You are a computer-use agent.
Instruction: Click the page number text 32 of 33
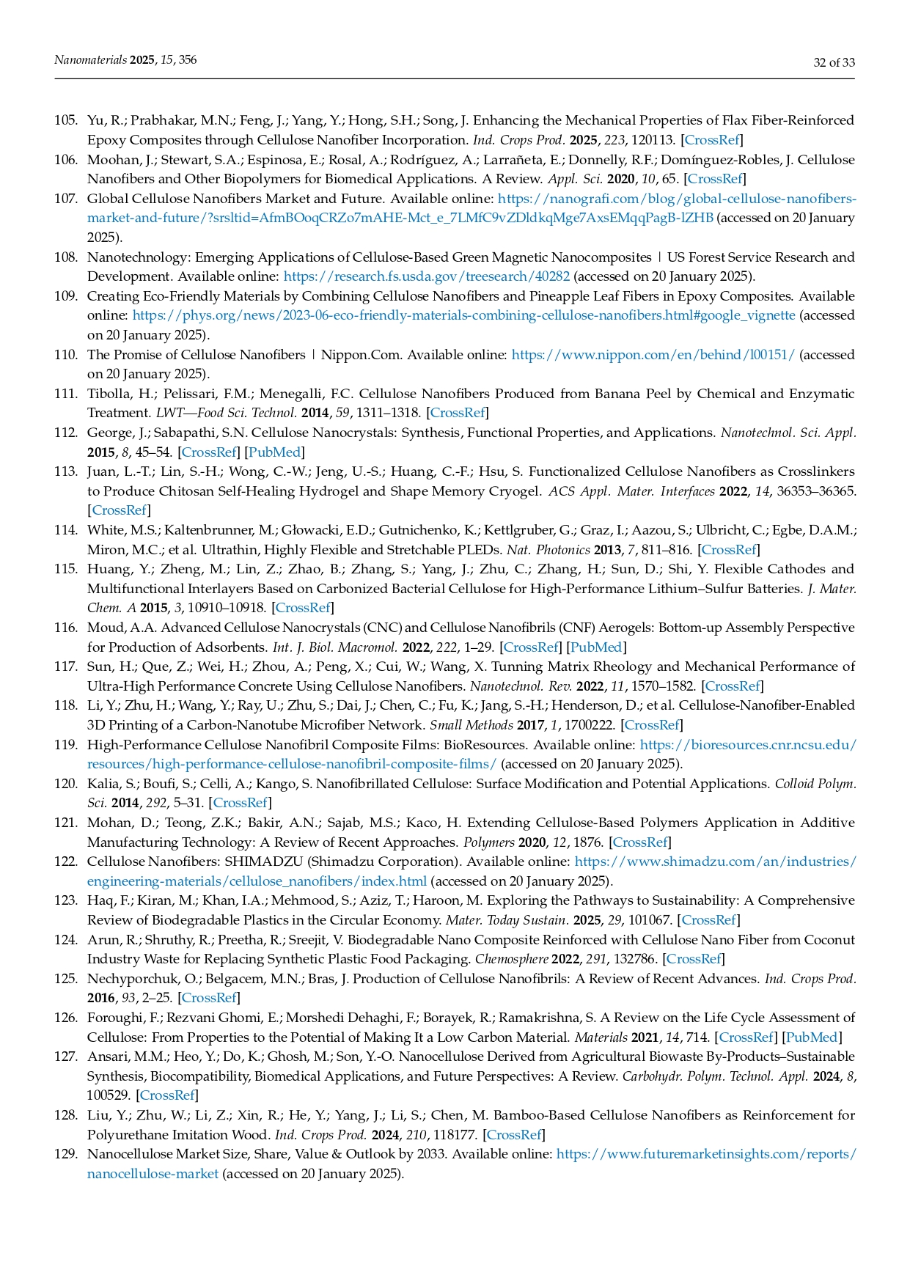[x=834, y=62]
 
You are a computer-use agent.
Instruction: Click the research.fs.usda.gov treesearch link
[x=426, y=276]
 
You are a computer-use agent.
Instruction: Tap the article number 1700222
[x=587, y=725]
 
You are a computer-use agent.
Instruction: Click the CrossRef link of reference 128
[x=514, y=1135]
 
